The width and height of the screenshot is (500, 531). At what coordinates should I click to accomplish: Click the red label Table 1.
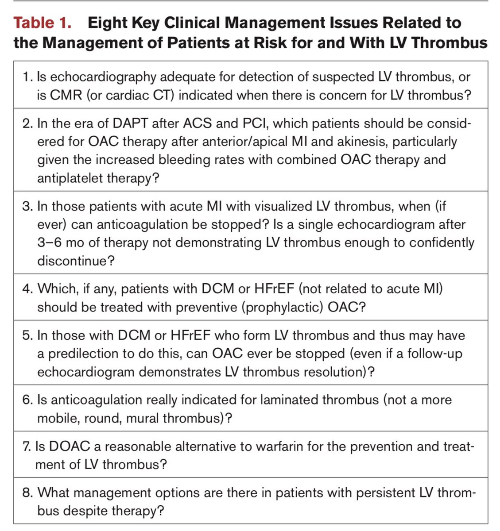[43, 23]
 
